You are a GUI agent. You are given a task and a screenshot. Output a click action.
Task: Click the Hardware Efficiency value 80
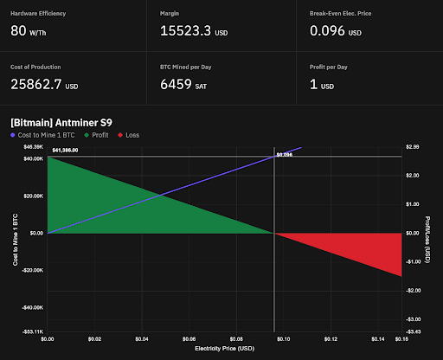coord(18,31)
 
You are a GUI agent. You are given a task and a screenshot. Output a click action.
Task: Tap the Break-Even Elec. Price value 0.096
coord(332,31)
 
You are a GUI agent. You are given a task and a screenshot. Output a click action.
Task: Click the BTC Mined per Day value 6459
coord(183,85)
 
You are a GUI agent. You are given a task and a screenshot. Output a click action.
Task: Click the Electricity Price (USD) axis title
coord(225,349)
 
